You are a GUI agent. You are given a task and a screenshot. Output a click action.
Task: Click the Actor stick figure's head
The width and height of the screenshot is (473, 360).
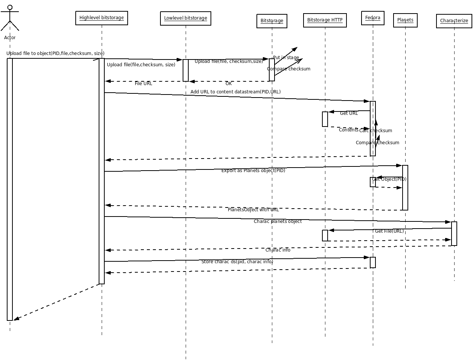(x=10, y=7)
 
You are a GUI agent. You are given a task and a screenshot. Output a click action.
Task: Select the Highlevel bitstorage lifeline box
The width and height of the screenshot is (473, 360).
(x=102, y=18)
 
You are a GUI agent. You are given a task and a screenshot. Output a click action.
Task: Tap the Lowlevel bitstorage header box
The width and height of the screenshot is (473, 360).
(x=186, y=18)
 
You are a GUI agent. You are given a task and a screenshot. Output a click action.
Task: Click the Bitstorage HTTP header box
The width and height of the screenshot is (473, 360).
(x=325, y=20)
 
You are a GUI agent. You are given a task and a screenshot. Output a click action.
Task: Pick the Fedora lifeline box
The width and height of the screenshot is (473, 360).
(x=373, y=18)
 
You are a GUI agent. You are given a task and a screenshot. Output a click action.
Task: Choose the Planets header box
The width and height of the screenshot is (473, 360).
(x=405, y=20)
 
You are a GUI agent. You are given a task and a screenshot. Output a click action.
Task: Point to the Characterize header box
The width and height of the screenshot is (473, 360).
(x=454, y=21)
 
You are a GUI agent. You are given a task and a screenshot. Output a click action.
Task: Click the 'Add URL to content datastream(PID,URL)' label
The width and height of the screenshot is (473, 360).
(x=235, y=92)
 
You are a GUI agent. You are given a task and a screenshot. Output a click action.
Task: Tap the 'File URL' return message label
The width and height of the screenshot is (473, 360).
(x=143, y=84)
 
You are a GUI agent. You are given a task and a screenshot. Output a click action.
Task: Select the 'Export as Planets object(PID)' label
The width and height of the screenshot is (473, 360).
(x=253, y=171)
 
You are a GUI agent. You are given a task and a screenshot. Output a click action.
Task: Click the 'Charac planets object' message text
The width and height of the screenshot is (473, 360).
(x=278, y=221)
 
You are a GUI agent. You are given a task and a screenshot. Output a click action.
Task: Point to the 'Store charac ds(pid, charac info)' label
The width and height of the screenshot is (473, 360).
(x=237, y=262)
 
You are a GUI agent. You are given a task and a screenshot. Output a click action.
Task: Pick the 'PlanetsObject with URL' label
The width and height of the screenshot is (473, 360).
(x=253, y=210)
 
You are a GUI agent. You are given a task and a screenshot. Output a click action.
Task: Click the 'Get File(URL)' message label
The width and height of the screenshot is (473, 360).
(x=389, y=231)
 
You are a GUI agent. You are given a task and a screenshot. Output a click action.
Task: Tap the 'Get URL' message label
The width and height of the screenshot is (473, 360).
(x=349, y=113)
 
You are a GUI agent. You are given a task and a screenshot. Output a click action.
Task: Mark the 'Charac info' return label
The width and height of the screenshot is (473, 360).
(x=278, y=250)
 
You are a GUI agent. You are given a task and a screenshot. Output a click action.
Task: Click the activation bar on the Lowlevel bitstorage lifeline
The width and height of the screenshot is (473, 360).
(x=186, y=70)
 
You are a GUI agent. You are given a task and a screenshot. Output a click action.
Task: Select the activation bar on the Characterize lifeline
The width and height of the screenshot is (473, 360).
(x=454, y=233)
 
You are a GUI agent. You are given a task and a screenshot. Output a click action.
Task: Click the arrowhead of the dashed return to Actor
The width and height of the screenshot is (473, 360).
(x=16, y=319)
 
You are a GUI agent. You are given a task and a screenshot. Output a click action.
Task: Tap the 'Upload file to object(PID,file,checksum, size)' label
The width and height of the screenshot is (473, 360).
(x=55, y=53)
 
